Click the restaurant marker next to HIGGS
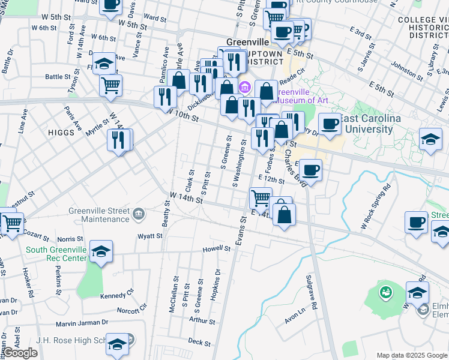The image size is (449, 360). click(118, 140)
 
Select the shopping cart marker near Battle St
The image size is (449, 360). click(110, 85)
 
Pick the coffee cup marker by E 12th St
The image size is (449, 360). click(311, 170)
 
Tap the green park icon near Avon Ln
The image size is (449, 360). click(385, 293)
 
